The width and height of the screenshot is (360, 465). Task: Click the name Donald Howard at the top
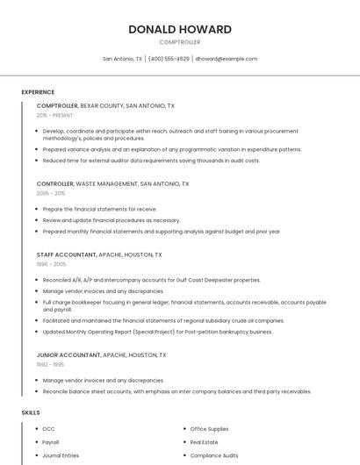pos(180,29)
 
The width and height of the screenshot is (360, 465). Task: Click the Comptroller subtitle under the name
pos(180,42)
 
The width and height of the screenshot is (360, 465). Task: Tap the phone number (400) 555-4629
pos(169,59)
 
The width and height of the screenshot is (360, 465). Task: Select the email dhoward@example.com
pos(227,59)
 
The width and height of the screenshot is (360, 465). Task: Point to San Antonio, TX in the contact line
pos(122,59)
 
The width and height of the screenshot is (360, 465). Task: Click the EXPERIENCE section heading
pos(38,92)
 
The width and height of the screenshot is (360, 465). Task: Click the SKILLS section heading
pos(31,412)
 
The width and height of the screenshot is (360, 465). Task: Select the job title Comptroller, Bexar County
pos(105,106)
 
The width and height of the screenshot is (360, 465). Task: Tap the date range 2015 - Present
pos(54,115)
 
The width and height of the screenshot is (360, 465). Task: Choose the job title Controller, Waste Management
pos(112,184)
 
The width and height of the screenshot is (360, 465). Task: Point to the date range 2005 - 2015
pos(51,193)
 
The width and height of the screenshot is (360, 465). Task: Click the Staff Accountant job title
pos(99,254)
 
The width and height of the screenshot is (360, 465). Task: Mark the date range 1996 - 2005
pos(51,263)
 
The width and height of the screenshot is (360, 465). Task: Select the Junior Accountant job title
pos(101,355)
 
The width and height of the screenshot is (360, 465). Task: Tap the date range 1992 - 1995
pos(50,364)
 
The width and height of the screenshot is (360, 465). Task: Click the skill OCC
pos(49,429)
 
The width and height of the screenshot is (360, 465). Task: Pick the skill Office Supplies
pos(209,429)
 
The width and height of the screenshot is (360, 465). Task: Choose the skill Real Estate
pos(204,442)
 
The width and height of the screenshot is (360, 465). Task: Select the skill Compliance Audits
pos(214,455)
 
